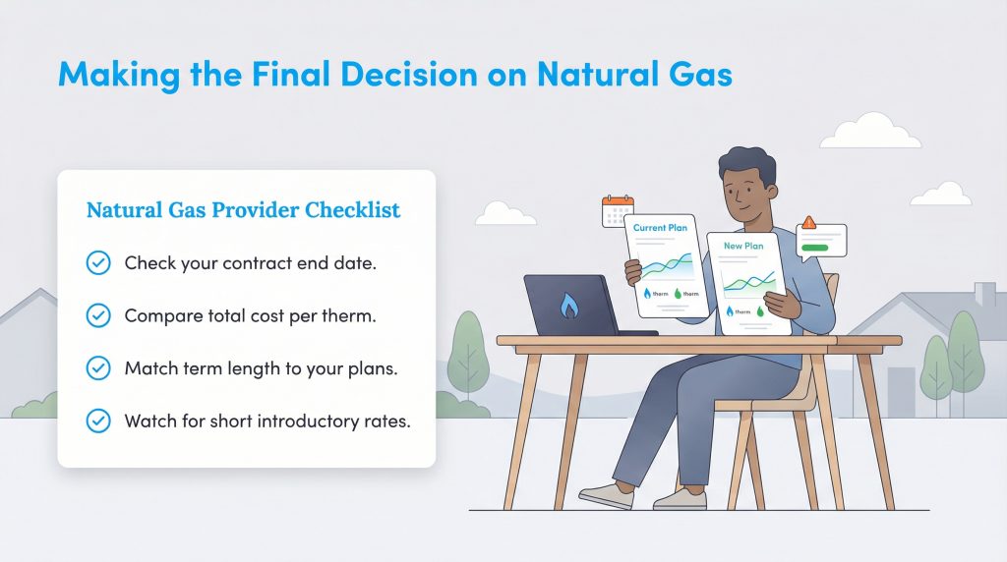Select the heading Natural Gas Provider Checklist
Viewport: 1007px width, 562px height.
pyautogui.click(x=243, y=210)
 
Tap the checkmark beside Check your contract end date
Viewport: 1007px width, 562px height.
pyautogui.click(x=98, y=262)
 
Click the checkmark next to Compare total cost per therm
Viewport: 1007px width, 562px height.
pyautogui.click(x=98, y=315)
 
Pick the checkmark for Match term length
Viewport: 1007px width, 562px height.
pyautogui.click(x=98, y=368)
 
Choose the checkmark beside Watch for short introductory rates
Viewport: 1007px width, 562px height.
pyautogui.click(x=98, y=421)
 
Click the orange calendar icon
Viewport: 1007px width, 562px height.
pyautogui.click(x=617, y=210)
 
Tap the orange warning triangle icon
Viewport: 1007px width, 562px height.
pyautogui.click(x=808, y=223)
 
